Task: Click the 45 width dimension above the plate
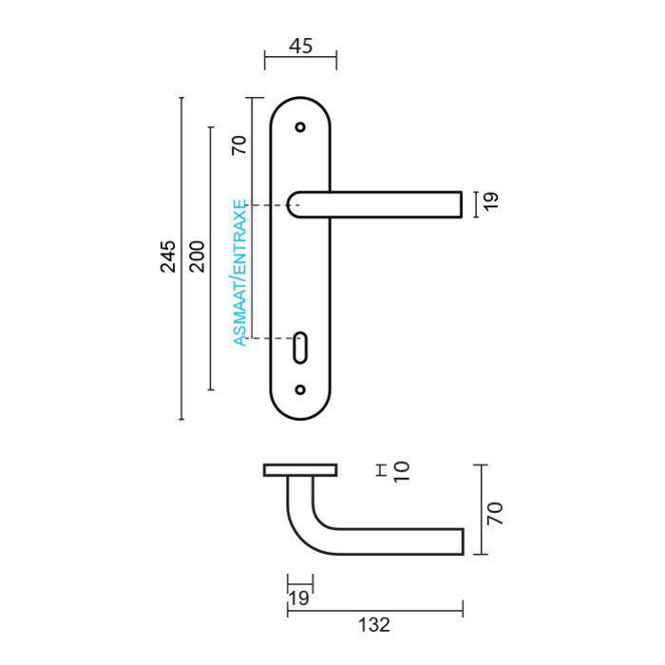(300, 46)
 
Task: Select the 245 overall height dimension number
(168, 256)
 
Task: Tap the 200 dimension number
(197, 256)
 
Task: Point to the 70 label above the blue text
(238, 144)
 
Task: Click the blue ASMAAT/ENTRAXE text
(240, 273)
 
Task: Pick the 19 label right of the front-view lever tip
(490, 201)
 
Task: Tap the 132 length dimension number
(375, 625)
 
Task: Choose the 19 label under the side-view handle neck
(299, 598)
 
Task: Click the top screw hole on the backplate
(301, 126)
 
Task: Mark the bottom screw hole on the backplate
(301, 389)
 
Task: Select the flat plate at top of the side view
(300, 470)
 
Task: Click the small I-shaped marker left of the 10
(378, 469)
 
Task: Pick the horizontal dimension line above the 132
(375, 606)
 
